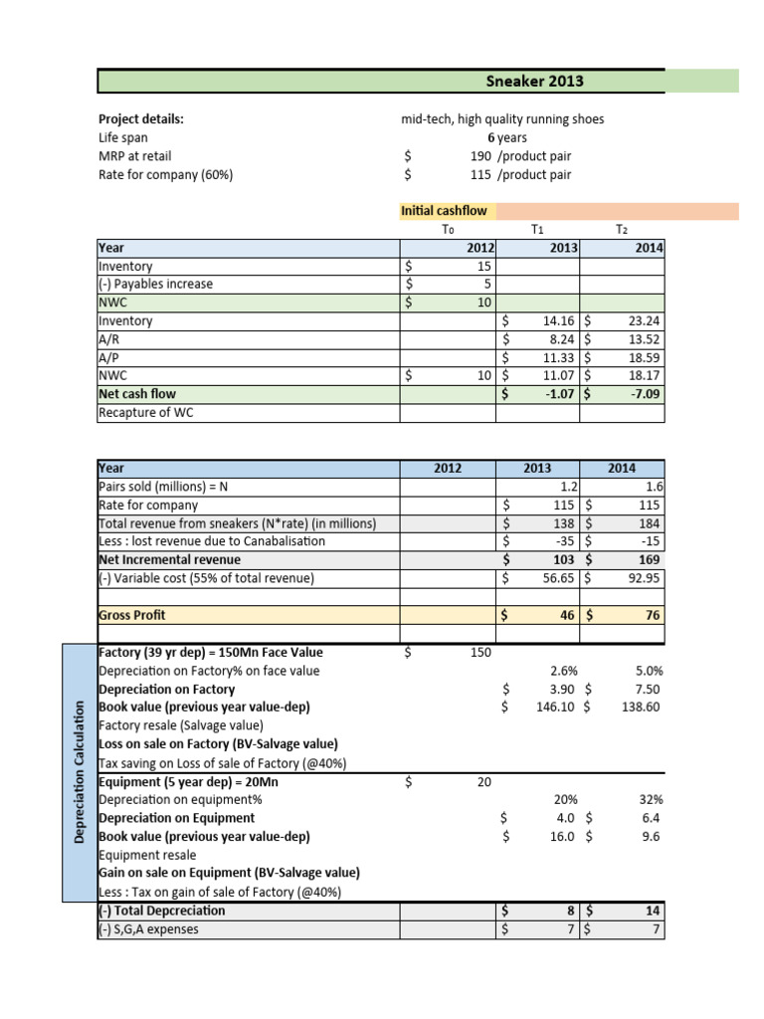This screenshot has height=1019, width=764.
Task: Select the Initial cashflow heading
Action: click(430, 211)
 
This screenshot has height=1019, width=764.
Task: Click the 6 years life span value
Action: click(507, 137)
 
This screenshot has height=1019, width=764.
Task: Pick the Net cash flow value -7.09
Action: click(644, 394)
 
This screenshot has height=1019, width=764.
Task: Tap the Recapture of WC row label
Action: click(145, 412)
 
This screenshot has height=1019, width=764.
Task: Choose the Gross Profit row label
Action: click(131, 615)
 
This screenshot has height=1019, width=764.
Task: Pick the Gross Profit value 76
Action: click(651, 615)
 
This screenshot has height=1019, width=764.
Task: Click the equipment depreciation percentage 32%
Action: click(652, 799)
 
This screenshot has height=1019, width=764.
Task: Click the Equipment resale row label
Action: click(147, 854)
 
